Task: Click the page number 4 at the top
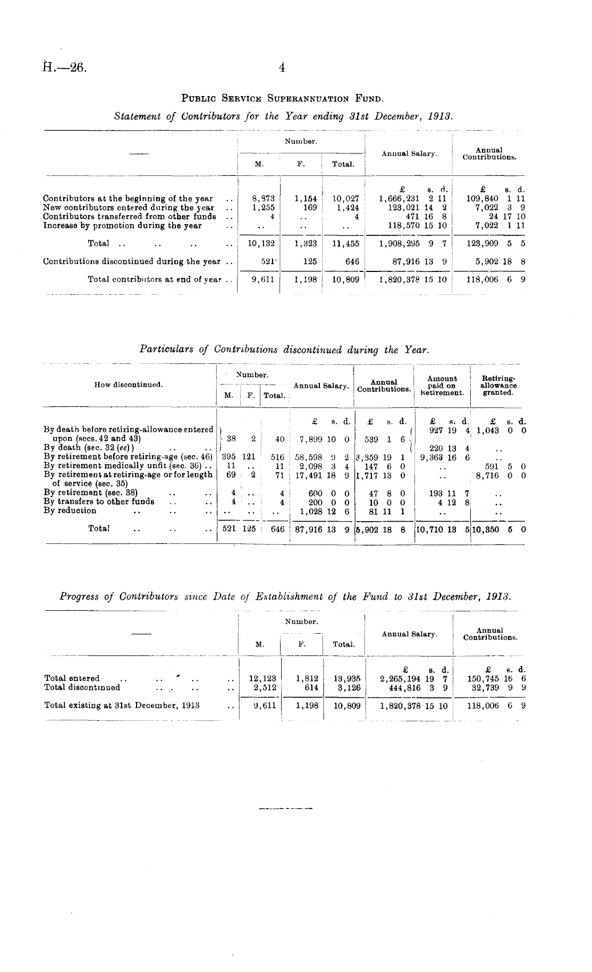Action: click(282, 67)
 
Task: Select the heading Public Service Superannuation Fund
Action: click(283, 98)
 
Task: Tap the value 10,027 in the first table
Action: click(346, 199)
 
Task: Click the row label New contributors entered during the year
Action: click(129, 208)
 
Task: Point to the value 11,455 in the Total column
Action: click(345, 244)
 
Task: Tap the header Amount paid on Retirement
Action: click(442, 386)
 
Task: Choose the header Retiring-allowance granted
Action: click(498, 386)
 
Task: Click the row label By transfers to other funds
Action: click(99, 501)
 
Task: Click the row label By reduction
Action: click(70, 511)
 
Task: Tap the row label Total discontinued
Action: click(82, 687)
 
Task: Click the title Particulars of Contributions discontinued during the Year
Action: click(284, 349)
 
